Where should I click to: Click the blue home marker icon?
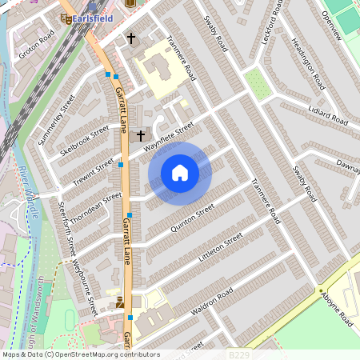point(180,173)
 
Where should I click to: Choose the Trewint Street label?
point(94,167)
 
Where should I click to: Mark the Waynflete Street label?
point(169,136)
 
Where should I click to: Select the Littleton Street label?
point(215,251)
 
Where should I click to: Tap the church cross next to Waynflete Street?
point(141,136)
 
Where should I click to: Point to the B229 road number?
point(238,354)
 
